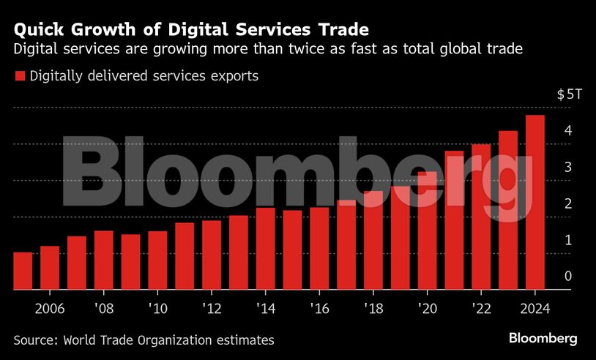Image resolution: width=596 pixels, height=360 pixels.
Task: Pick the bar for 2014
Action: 266,249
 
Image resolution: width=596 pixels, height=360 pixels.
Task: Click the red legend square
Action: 20,76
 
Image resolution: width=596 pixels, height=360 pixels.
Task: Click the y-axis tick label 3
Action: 568,167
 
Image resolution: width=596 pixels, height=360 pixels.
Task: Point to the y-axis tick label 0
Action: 568,276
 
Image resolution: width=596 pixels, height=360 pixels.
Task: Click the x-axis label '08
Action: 104,308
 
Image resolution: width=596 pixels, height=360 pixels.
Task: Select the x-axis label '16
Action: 319,308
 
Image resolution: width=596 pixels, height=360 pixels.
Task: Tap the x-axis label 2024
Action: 535,308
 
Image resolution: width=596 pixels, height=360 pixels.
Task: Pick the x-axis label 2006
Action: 50,308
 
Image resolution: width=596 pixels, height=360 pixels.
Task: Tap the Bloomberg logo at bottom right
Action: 543,338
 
